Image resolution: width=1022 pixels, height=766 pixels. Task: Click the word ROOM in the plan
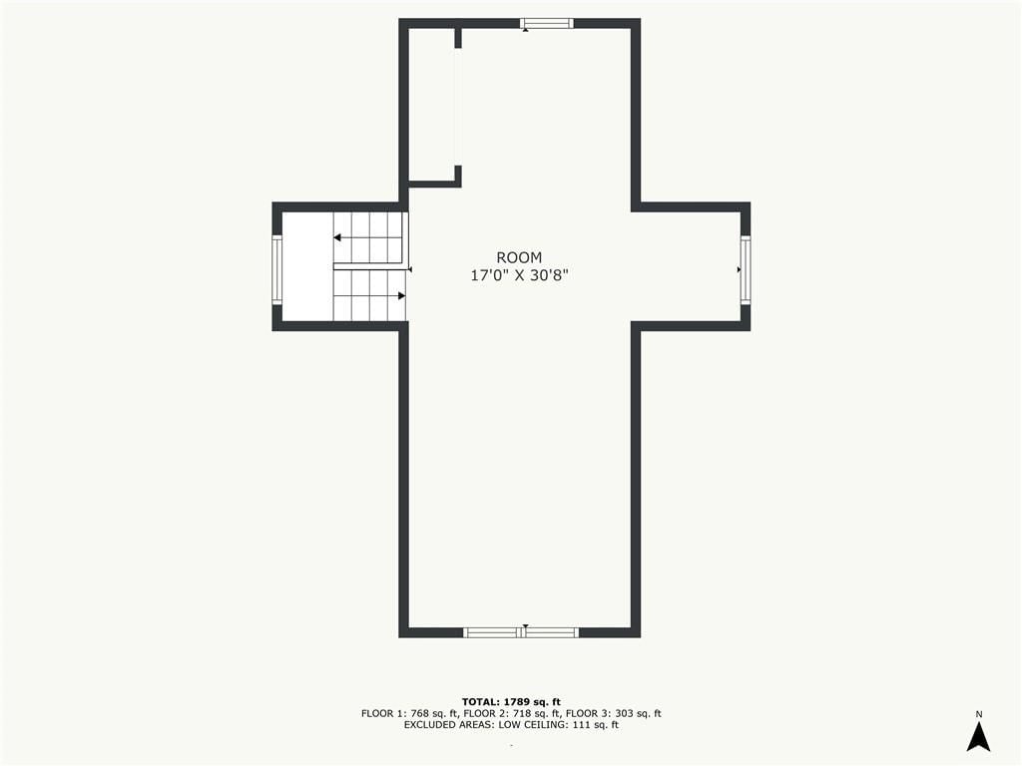(x=519, y=257)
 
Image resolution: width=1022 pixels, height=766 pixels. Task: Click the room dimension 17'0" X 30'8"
(x=519, y=275)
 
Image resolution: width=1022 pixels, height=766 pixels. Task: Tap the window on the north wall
(x=547, y=24)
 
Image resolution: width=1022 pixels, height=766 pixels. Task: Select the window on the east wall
(x=746, y=269)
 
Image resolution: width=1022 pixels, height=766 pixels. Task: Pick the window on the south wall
(x=521, y=631)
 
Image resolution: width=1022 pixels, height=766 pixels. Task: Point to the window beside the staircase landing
(x=277, y=269)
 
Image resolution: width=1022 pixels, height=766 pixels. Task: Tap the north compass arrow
(x=978, y=737)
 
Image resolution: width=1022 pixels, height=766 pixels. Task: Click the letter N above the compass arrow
(x=978, y=714)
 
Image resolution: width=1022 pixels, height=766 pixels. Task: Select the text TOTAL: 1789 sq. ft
(x=511, y=702)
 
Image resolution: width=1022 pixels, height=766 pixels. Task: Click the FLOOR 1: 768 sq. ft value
(x=410, y=713)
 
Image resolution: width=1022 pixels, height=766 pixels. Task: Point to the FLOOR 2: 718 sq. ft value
(x=513, y=713)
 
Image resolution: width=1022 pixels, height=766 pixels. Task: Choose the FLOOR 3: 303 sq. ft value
(x=614, y=713)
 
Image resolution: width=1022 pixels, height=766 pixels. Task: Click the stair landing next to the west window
(x=307, y=267)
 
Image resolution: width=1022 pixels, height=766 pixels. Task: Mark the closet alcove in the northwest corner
(x=431, y=104)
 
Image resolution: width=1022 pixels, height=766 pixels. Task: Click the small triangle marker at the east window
(x=740, y=269)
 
